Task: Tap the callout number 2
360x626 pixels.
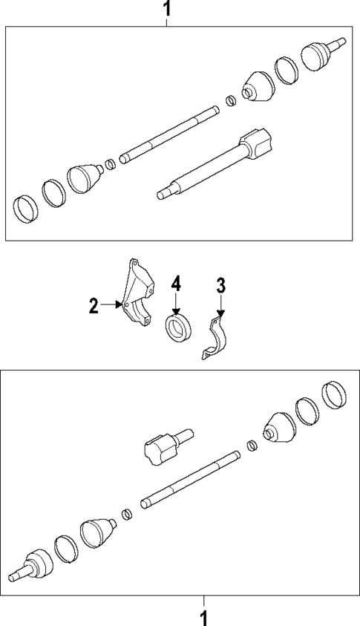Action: click(94, 305)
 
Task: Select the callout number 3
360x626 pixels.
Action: click(220, 284)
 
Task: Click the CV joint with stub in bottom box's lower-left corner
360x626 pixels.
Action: click(33, 567)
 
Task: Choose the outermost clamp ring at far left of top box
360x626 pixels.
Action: click(26, 208)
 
